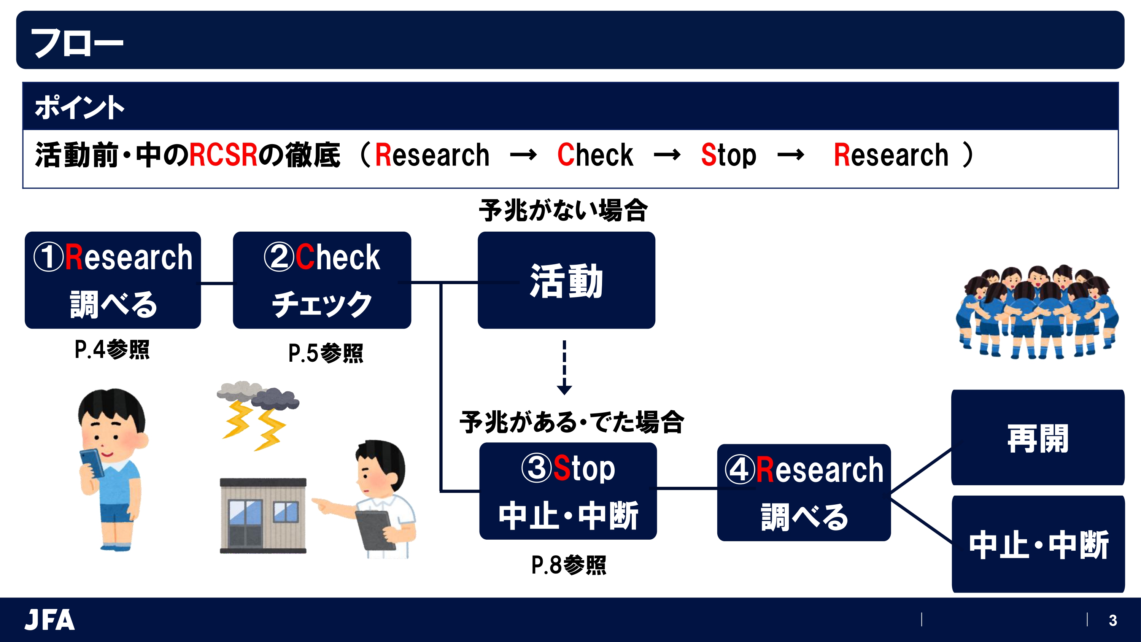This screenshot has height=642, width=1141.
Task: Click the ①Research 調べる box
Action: coord(113,280)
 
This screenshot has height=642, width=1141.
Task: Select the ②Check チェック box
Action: coord(322,280)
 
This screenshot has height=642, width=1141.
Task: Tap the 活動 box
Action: coord(566,280)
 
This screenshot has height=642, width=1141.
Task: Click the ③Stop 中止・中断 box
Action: coord(568,491)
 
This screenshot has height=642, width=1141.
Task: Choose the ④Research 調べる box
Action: coord(804,492)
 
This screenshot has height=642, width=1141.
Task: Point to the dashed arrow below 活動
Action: coord(564,367)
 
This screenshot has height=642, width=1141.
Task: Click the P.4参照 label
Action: coord(112,350)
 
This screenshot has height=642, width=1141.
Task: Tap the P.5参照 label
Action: coord(326,353)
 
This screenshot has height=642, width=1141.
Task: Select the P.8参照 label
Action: coord(569,565)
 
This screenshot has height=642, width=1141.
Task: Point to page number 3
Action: coord(1112,620)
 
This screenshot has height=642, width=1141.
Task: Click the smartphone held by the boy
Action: coord(92,462)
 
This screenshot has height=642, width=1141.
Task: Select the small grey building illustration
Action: coord(263,515)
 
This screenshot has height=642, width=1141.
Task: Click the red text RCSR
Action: coord(223,155)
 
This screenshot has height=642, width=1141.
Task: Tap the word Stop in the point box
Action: coord(728,155)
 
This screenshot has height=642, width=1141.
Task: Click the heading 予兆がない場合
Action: coord(563,210)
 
